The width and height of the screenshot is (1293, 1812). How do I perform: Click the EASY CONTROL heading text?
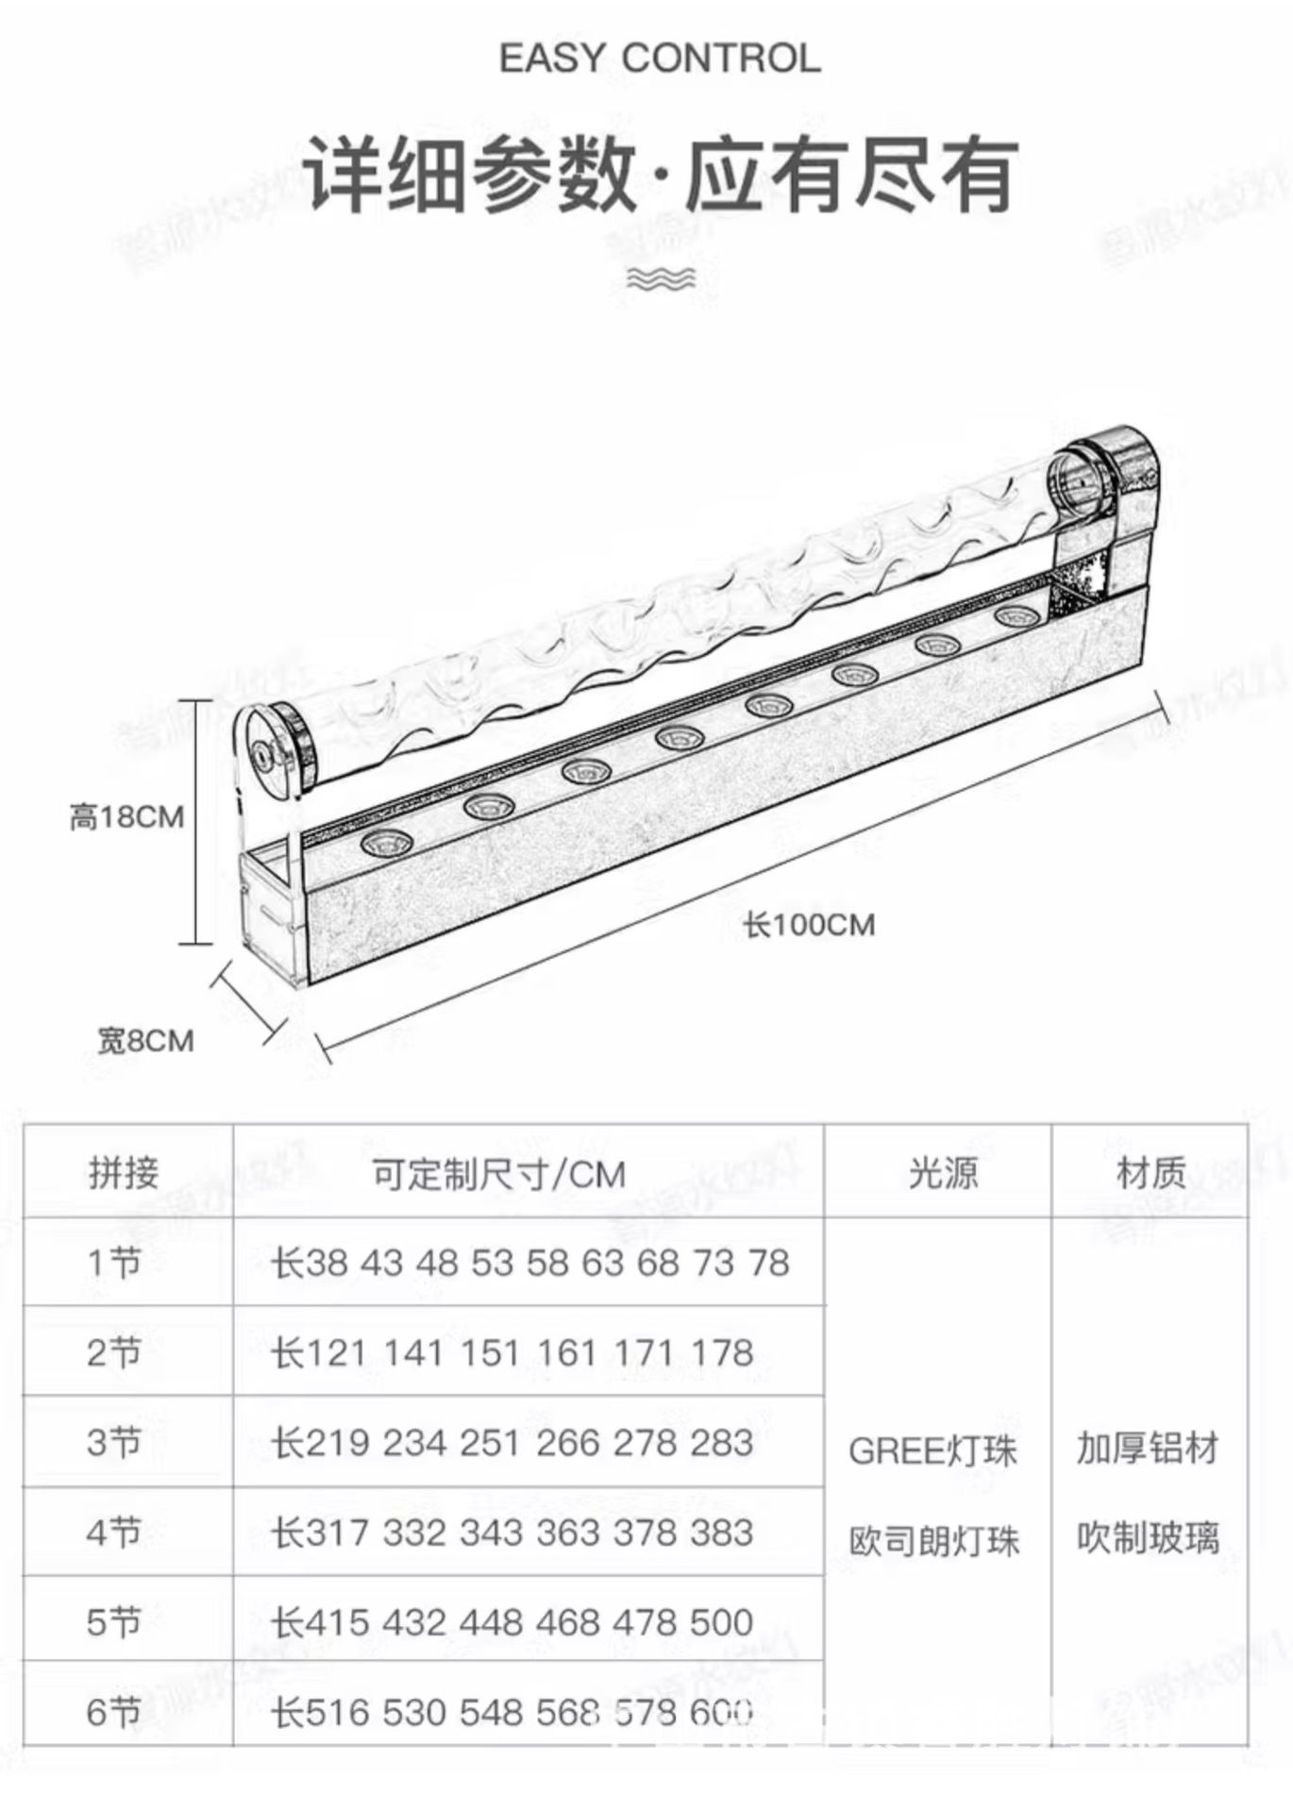(659, 59)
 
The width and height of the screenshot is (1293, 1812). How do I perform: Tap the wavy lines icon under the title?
(661, 278)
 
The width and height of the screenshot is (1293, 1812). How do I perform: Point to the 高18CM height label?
(126, 816)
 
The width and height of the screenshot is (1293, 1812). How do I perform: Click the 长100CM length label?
(809, 925)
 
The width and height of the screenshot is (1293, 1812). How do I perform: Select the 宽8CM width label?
(146, 1041)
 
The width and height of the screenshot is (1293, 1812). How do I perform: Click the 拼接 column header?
(124, 1173)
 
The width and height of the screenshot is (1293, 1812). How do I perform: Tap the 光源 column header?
(942, 1172)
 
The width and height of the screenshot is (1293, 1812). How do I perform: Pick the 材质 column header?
(1150, 1172)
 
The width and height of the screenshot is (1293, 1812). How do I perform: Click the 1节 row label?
(114, 1263)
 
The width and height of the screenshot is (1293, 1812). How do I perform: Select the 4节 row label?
(114, 1532)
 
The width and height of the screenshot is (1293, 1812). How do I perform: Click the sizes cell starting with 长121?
(512, 1353)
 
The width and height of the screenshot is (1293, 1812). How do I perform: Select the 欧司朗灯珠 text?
(934, 1541)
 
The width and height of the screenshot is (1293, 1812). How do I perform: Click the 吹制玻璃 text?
(1148, 1538)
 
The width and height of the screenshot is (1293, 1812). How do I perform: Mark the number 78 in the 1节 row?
(768, 1263)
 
